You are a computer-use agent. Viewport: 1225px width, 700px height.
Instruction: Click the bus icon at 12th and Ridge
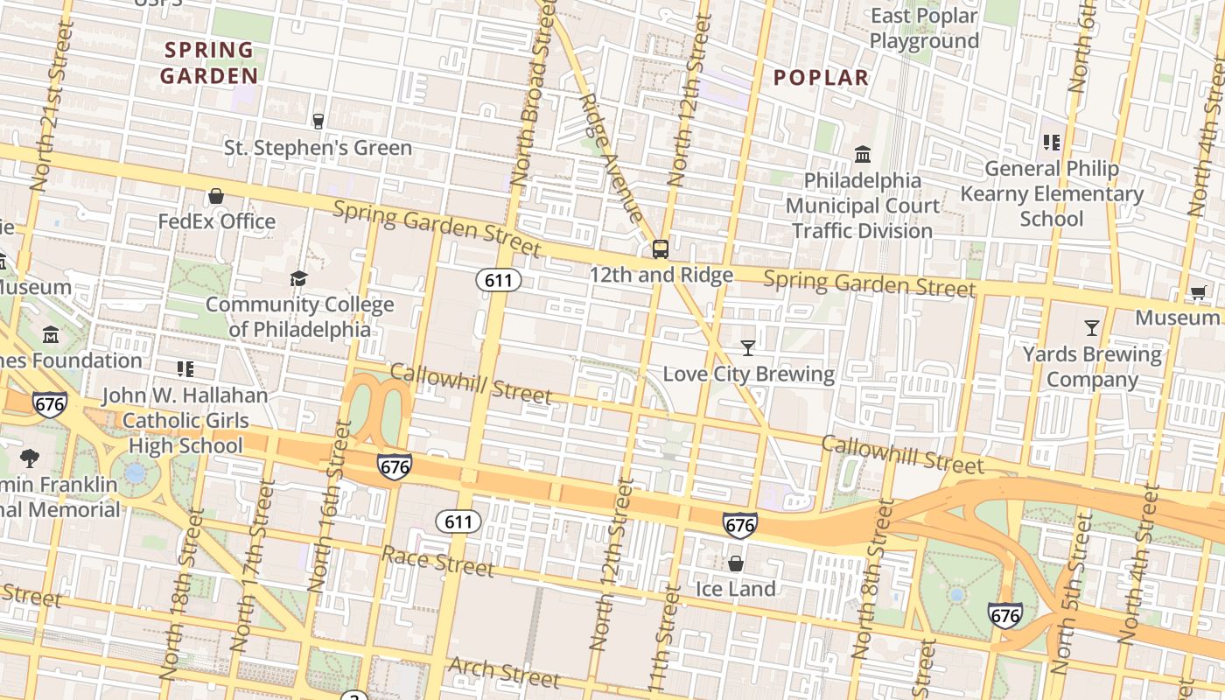pyautogui.click(x=661, y=249)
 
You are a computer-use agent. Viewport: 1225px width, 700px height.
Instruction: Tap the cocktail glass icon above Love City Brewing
pyautogui.click(x=747, y=348)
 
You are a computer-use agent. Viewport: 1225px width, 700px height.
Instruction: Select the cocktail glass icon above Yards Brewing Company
pyautogui.click(x=1091, y=328)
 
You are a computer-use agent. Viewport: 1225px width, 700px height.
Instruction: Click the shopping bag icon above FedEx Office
pyautogui.click(x=216, y=196)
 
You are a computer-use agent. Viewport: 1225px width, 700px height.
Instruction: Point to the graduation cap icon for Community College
pyautogui.click(x=298, y=279)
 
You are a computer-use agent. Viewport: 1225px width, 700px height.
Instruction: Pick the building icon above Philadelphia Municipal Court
pyautogui.click(x=863, y=155)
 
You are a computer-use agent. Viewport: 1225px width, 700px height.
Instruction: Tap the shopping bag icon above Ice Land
pyautogui.click(x=736, y=563)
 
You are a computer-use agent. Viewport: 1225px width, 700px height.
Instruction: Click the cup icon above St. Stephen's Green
pyautogui.click(x=318, y=122)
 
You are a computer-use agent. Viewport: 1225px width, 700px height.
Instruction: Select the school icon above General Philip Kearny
pyautogui.click(x=1051, y=143)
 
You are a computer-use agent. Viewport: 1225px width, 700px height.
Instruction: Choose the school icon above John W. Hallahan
pyautogui.click(x=185, y=369)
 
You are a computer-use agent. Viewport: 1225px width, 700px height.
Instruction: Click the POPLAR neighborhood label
pyautogui.click(x=821, y=78)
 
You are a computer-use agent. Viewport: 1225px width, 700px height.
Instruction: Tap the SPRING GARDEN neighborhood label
pyautogui.click(x=208, y=63)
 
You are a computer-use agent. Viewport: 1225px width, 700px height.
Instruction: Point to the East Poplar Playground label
pyautogui.click(x=923, y=28)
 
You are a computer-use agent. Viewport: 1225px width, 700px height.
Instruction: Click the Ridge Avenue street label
pyautogui.click(x=611, y=157)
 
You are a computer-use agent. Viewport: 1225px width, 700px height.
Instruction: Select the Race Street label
pyautogui.click(x=437, y=561)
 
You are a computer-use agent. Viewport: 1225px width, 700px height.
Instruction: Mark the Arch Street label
pyautogui.click(x=503, y=672)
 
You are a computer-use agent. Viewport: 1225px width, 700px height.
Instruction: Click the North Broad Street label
pyautogui.click(x=532, y=92)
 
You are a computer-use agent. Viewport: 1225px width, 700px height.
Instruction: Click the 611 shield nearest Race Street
pyautogui.click(x=458, y=522)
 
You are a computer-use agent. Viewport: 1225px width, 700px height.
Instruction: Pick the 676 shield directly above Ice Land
pyautogui.click(x=739, y=525)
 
